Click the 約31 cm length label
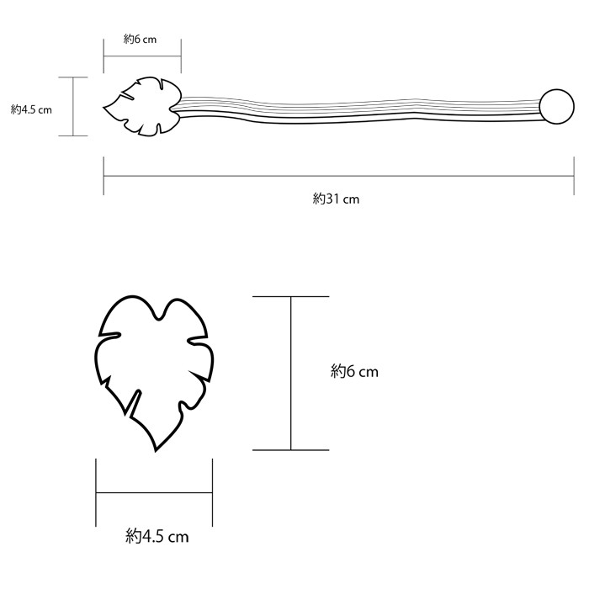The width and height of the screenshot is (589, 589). click(336, 199)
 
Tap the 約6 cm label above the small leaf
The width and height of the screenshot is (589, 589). click(141, 40)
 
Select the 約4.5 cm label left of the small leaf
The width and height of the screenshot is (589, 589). click(32, 109)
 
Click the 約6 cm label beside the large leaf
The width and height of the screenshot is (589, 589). click(354, 370)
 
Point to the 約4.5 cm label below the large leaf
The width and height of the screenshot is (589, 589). click(157, 535)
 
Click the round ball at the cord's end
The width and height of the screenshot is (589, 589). click(554, 105)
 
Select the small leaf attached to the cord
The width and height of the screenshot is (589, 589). click(141, 106)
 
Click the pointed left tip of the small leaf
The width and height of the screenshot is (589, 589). click(104, 108)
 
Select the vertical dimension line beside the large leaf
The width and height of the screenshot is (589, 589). click(291, 374)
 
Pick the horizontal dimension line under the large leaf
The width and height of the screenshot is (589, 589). click(154, 492)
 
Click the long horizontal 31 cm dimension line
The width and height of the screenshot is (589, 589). click(337, 176)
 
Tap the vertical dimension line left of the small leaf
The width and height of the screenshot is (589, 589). click(73, 106)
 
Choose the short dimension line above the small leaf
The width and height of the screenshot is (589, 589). click(141, 57)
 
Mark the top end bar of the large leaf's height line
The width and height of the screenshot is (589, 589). click(291, 297)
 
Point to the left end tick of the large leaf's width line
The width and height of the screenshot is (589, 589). click(96, 492)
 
